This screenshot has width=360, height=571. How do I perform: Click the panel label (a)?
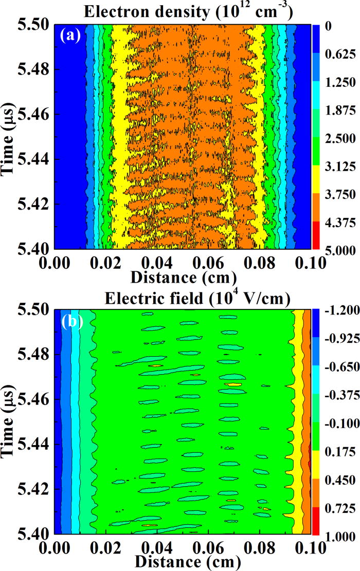click(69, 36)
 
